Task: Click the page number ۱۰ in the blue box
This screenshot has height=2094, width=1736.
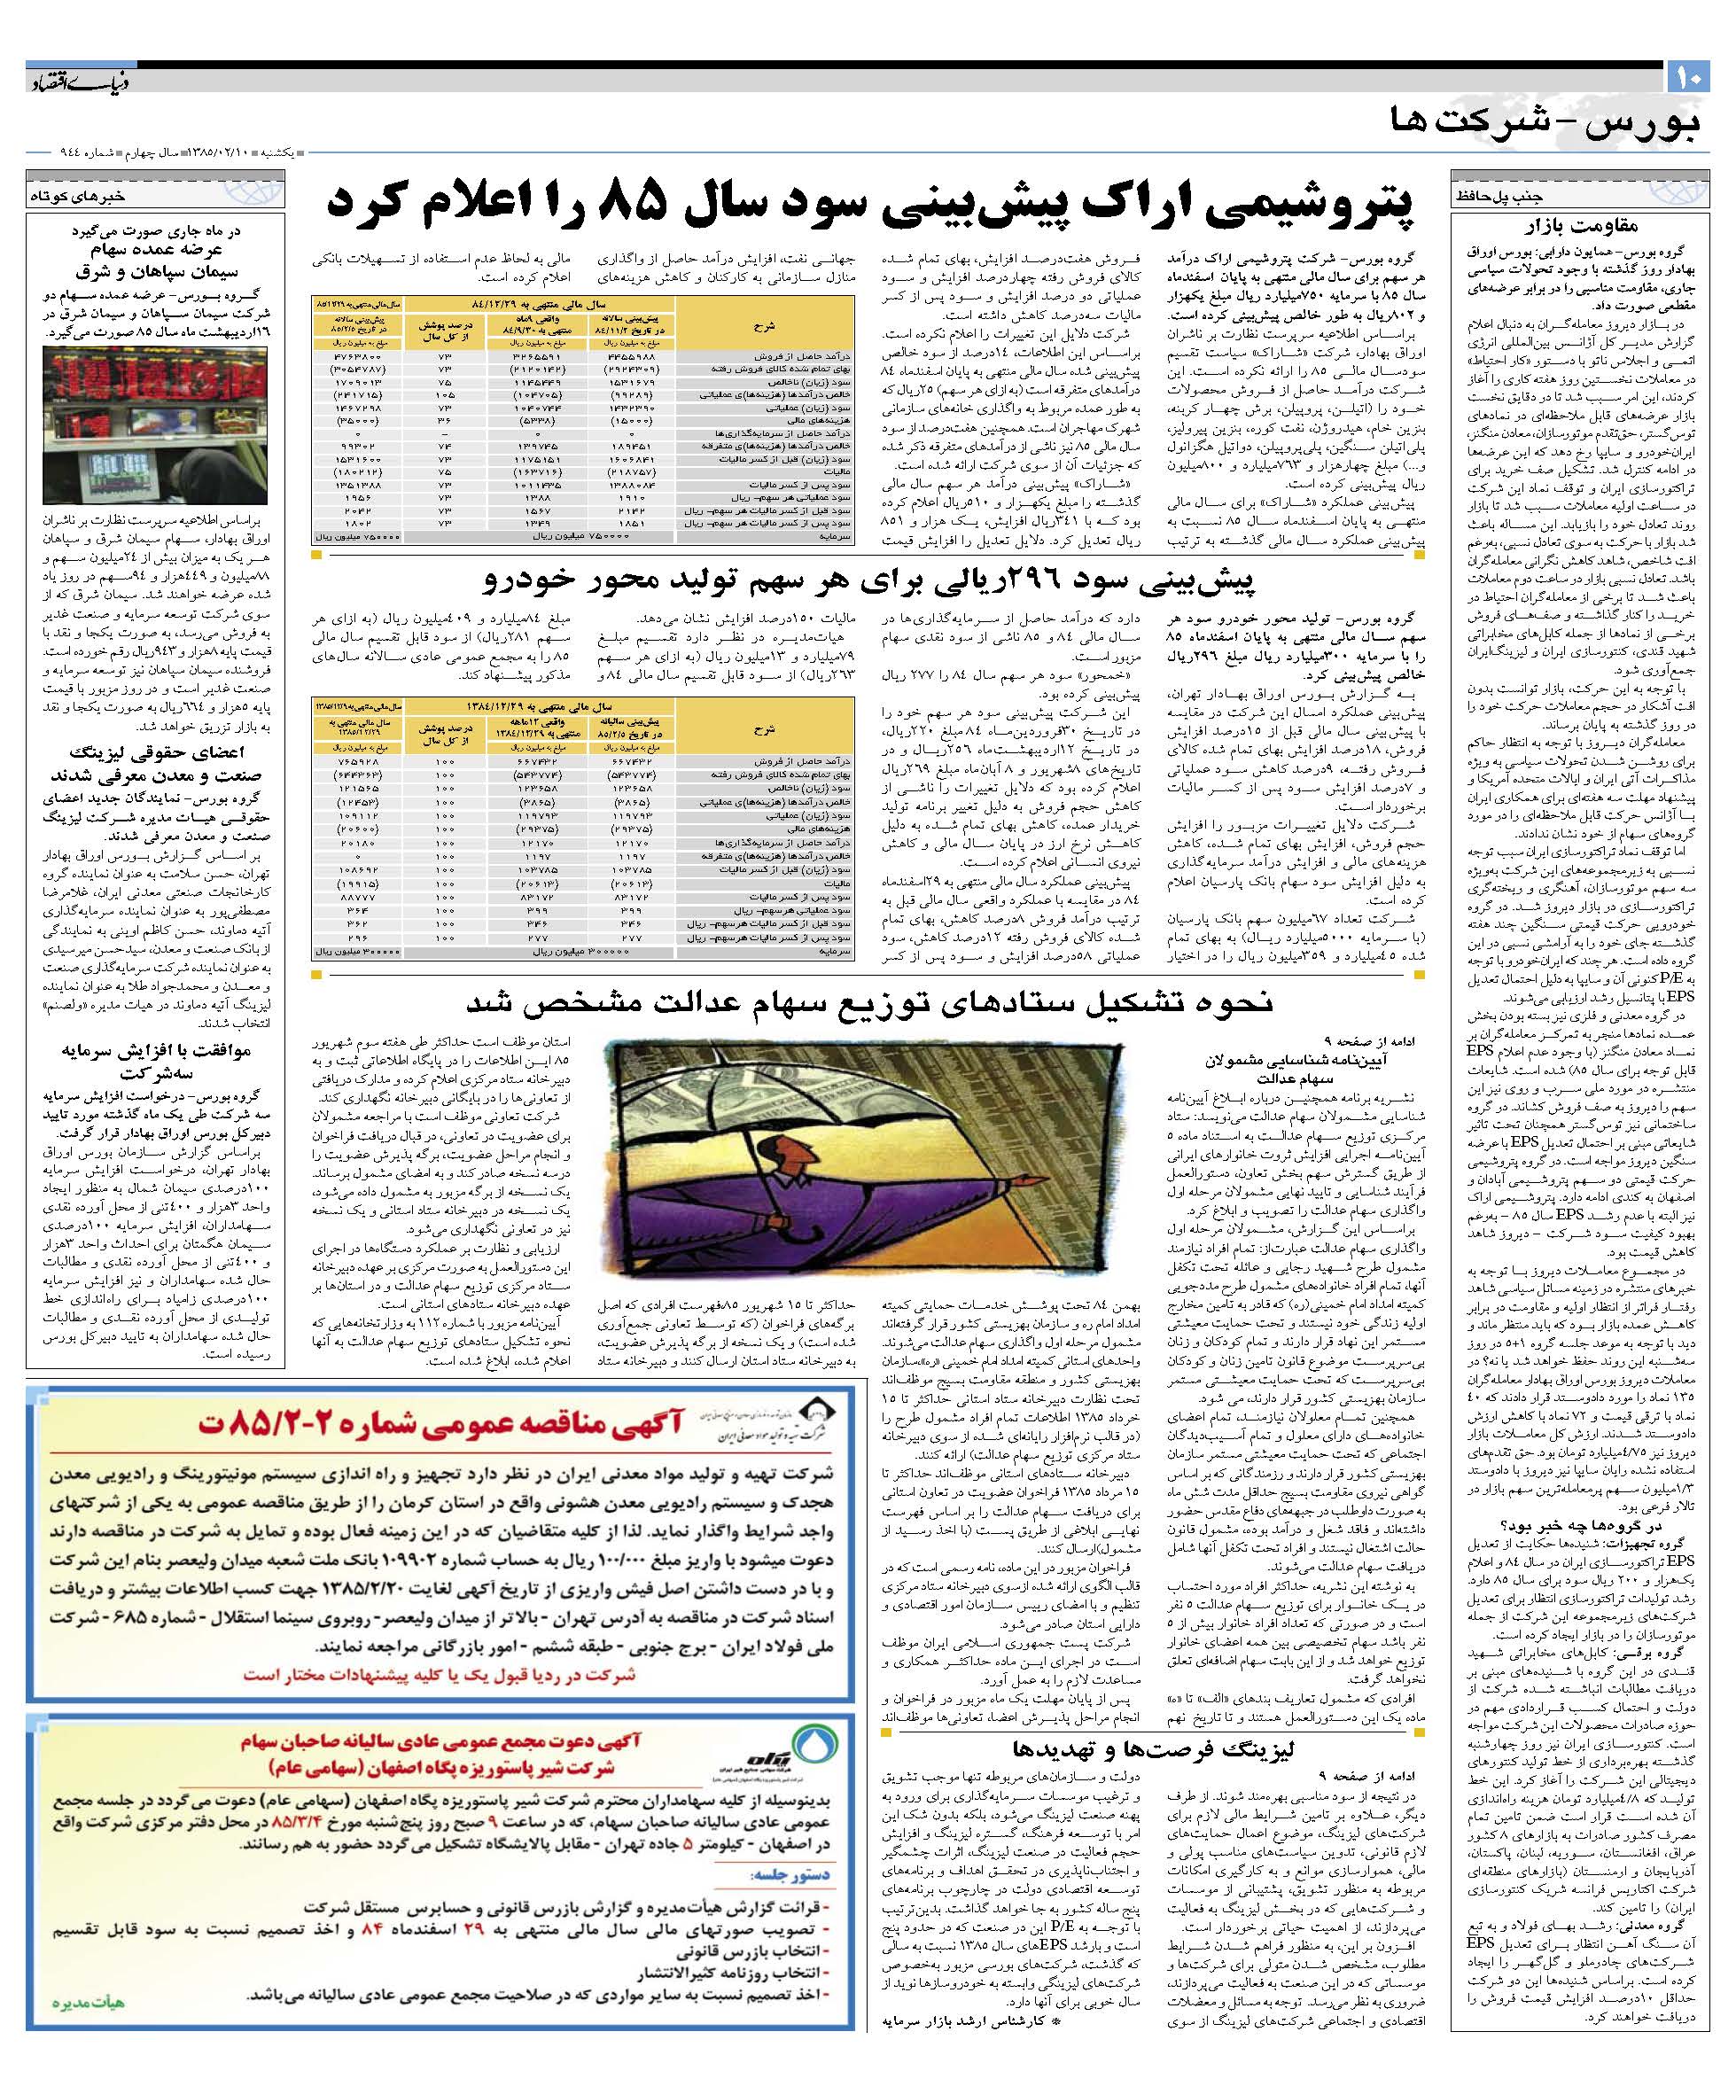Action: coord(1688,76)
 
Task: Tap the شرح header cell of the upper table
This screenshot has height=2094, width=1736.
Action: coord(763,324)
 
